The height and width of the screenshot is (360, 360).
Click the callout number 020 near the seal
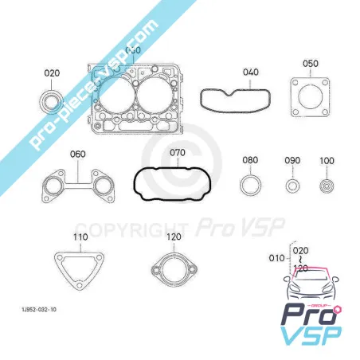pyautogui.click(x=52, y=73)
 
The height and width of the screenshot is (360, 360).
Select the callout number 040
pyautogui.click(x=250, y=72)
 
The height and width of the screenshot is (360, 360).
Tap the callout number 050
pyautogui.click(x=310, y=64)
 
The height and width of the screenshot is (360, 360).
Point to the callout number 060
pyautogui.click(x=78, y=154)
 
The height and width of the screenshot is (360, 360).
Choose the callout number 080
pyautogui.click(x=250, y=160)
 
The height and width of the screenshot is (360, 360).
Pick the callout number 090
pyautogui.click(x=292, y=161)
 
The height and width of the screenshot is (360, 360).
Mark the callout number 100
pyautogui.click(x=327, y=161)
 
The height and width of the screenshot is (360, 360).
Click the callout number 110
pyautogui.click(x=80, y=237)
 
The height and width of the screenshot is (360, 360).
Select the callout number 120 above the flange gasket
pyautogui.click(x=174, y=237)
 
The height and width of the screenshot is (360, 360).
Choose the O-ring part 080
pyautogui.click(x=250, y=187)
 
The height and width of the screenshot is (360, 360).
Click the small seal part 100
pyautogui.click(x=327, y=188)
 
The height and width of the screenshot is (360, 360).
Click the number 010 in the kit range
pyautogui.click(x=276, y=258)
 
